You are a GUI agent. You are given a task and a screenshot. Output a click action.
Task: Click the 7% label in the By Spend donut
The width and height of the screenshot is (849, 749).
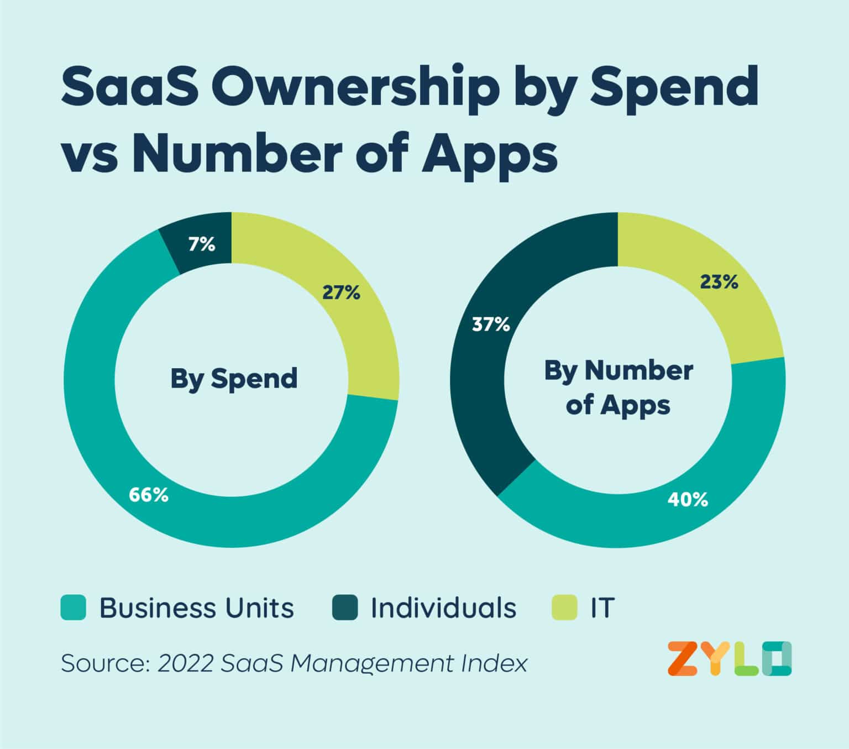tap(202, 244)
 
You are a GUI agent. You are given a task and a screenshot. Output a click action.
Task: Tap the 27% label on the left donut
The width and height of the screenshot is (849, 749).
tap(341, 292)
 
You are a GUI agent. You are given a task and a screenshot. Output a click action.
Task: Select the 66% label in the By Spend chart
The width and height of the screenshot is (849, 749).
tap(149, 495)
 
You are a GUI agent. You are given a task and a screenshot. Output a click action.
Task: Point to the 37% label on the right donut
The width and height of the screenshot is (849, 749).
tap(490, 324)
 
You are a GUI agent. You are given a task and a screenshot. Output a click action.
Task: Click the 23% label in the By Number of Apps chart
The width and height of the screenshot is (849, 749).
tap(719, 282)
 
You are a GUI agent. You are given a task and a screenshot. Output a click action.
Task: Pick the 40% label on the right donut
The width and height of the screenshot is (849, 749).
tap(688, 500)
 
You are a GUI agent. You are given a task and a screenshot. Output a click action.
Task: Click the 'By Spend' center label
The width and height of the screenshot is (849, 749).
tap(233, 379)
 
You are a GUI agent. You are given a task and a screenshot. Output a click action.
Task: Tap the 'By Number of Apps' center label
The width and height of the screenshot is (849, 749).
tap(618, 387)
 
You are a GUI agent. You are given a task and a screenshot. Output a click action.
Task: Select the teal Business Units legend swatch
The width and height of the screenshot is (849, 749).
tap(73, 607)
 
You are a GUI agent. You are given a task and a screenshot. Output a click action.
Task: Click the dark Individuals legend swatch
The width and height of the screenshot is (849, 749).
tap(345, 607)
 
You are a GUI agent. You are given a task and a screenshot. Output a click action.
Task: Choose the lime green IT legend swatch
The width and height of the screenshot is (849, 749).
tap(564, 607)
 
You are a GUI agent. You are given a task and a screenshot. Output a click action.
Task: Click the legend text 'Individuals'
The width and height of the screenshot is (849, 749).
tap(443, 607)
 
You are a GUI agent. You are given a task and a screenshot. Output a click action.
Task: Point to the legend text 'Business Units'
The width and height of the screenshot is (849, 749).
tap(196, 607)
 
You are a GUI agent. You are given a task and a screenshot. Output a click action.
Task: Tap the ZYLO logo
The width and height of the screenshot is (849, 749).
tap(729, 658)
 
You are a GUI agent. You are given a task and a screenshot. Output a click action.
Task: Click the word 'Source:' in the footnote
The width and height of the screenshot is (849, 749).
tap(105, 663)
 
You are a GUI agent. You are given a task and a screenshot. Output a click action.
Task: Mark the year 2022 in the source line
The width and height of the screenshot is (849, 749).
tap(185, 663)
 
